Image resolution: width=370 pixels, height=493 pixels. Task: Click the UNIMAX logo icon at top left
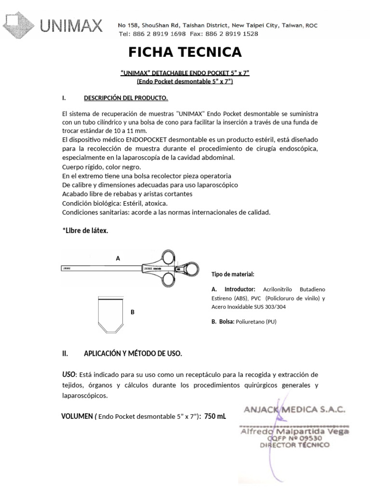(x=18, y=25)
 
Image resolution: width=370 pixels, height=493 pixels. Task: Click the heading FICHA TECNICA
(x=185, y=52)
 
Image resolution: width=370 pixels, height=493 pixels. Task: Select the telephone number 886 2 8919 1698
(x=156, y=34)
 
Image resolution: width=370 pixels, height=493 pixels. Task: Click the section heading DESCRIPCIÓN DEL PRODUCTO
(x=126, y=98)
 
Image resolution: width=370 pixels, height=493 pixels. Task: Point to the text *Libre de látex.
(x=85, y=231)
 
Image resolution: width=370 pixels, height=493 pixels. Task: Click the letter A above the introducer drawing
(x=118, y=259)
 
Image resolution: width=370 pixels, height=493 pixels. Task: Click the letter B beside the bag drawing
(x=132, y=312)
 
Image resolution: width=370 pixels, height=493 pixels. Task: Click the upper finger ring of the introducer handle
(x=171, y=257)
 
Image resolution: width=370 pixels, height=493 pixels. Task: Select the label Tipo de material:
(x=232, y=274)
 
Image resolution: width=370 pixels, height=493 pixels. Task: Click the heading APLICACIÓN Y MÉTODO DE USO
(x=133, y=353)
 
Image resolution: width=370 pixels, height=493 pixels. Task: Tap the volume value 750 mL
(x=215, y=416)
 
